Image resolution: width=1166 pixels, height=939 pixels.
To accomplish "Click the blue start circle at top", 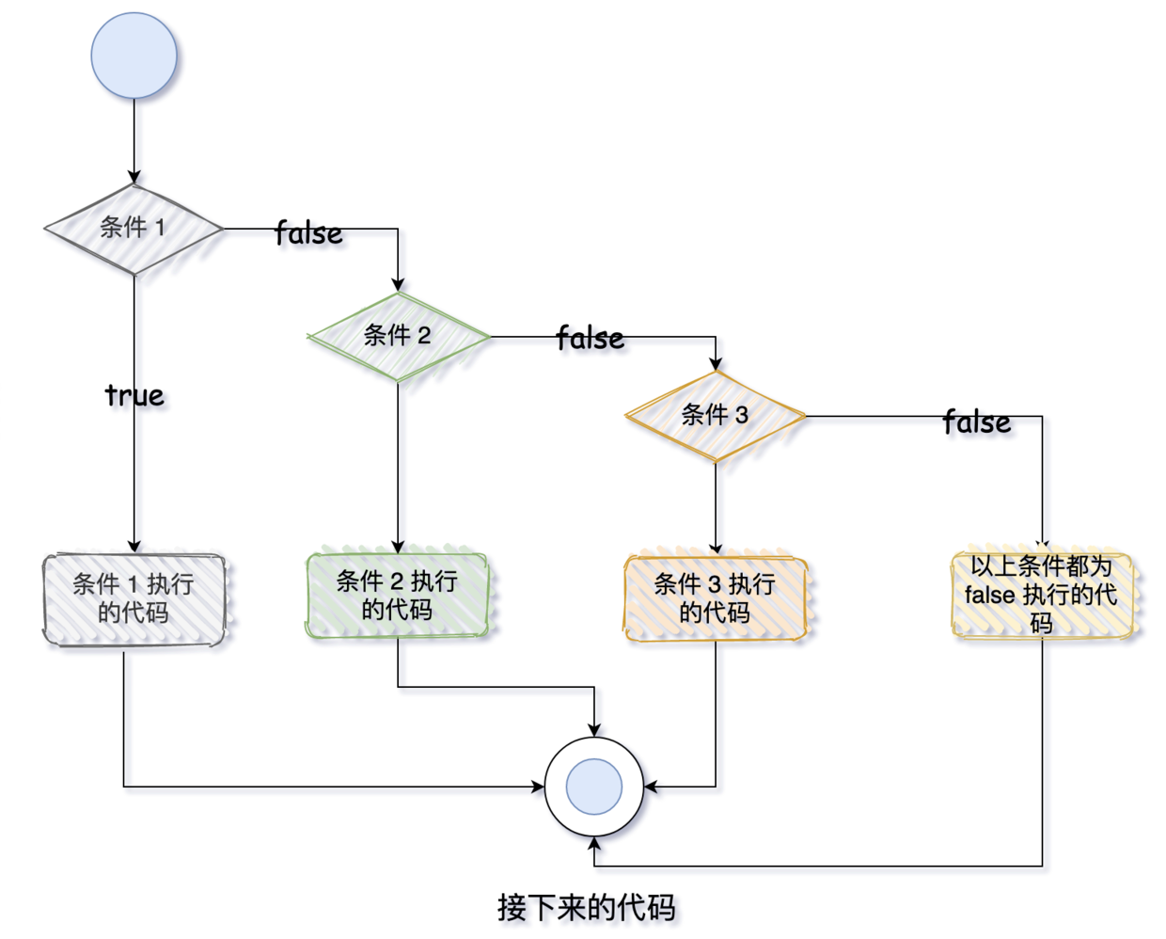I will [134, 56].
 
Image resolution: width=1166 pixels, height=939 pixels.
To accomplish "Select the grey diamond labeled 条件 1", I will [134, 229].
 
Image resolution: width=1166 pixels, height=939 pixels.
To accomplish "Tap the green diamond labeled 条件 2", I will [398, 336].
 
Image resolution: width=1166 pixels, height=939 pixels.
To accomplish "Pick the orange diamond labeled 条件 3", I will [716, 416].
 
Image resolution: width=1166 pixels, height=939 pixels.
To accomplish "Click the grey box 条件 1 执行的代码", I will [134, 599].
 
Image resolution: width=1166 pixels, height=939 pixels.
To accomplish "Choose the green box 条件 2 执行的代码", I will [398, 596].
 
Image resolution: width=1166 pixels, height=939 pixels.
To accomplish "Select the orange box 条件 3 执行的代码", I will [716, 598].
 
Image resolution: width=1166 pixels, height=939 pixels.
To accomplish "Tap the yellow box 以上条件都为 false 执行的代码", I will [1042, 595].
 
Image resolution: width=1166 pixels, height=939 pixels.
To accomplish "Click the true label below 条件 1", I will [134, 395].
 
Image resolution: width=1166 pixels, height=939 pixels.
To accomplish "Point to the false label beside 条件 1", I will [308, 233].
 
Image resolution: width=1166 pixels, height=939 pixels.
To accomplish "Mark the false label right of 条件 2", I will [590, 339].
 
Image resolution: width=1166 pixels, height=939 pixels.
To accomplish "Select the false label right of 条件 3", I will [977, 422].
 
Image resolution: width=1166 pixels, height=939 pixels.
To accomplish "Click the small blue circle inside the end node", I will [594, 787].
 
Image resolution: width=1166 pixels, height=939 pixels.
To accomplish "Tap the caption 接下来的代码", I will [586, 908].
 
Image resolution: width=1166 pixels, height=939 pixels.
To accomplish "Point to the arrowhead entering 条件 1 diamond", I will [134, 178].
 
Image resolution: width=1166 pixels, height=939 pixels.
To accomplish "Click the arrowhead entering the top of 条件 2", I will [398, 285].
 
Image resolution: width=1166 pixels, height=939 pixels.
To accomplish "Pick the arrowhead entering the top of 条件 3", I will [716, 364].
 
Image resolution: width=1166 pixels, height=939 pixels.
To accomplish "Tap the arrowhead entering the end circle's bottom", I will [594, 843].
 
